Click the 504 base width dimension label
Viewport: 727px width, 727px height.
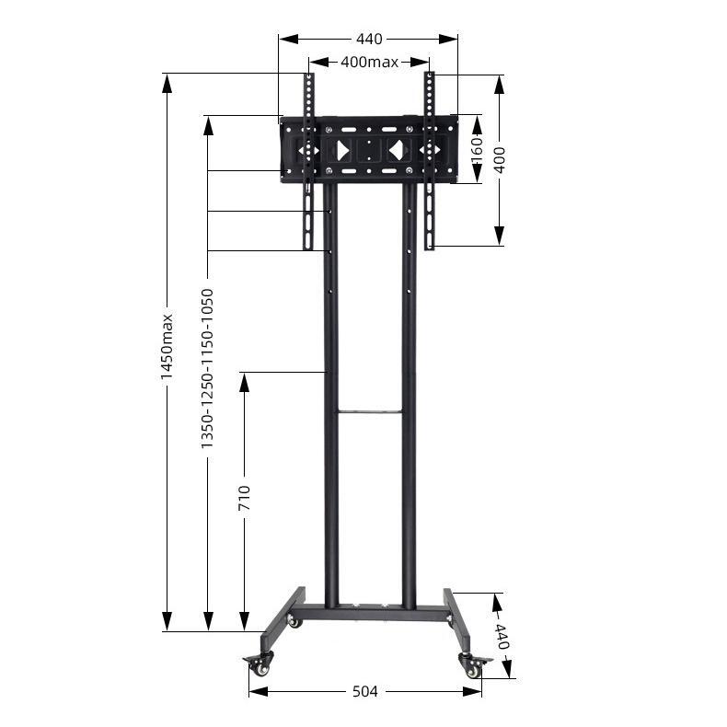pos(365,691)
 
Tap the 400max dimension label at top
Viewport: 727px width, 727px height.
pos(370,62)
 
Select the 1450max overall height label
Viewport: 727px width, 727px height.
pos(167,347)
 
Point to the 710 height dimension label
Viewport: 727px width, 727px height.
pos(244,498)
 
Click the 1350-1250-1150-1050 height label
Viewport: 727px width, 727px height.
pos(207,369)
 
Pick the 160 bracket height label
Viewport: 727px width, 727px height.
pos(477,150)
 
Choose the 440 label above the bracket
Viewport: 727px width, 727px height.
pos(369,39)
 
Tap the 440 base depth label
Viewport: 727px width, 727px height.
pos(502,636)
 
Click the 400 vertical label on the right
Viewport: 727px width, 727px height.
pos(499,160)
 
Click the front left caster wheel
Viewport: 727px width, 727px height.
pos(260,664)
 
